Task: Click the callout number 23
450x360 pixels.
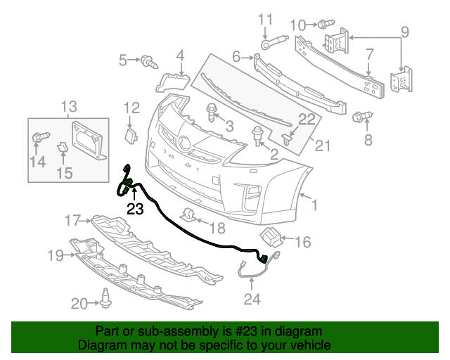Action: [x=134, y=209]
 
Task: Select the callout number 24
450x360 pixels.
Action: [x=252, y=300]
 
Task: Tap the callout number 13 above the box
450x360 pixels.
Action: [x=68, y=107]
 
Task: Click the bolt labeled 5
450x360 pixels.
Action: [x=148, y=61]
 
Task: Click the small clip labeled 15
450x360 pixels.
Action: [x=62, y=147]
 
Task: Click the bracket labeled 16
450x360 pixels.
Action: [x=271, y=237]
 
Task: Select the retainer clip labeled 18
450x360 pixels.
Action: [x=188, y=214]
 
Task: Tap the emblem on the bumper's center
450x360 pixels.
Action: [x=184, y=143]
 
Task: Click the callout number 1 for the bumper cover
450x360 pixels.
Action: [x=314, y=206]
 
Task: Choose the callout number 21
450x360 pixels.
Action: [x=322, y=146]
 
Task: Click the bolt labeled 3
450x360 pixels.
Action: [x=211, y=110]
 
